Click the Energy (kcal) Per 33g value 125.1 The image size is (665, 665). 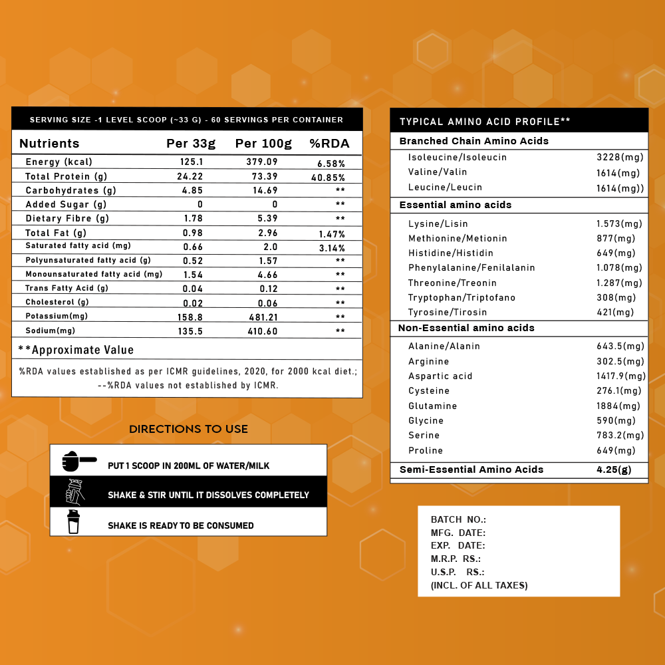pyautogui.click(x=192, y=162)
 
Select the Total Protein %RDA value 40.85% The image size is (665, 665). pyautogui.click(x=329, y=178)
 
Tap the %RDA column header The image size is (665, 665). pyautogui.click(x=330, y=144)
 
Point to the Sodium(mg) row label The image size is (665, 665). pyautogui.click(x=49, y=331)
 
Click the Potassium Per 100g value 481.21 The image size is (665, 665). pyautogui.click(x=263, y=317)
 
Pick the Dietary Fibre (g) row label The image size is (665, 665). pyautogui.click(x=66, y=218)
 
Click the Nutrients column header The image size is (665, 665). pyautogui.click(x=49, y=144)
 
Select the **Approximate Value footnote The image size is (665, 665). pyautogui.click(x=76, y=350)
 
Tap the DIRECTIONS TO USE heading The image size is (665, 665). pyautogui.click(x=188, y=430)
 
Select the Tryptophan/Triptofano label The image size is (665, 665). pyautogui.click(x=462, y=297)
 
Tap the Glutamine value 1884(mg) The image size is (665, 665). pyautogui.click(x=618, y=406)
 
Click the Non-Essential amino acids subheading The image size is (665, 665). pyautogui.click(x=466, y=328)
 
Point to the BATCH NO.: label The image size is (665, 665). pyautogui.click(x=458, y=519)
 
